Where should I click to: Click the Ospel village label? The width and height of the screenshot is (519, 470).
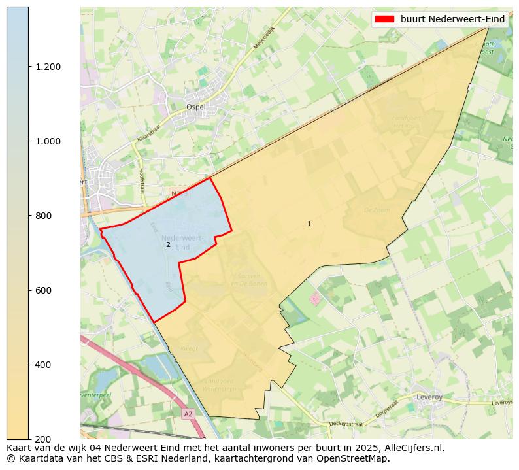[196, 107]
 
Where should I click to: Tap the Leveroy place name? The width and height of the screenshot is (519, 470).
[429, 397]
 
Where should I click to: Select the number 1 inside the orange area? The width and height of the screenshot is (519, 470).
[309, 224]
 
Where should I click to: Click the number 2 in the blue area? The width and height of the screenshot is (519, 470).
[168, 245]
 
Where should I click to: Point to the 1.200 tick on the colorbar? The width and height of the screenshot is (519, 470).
[48, 67]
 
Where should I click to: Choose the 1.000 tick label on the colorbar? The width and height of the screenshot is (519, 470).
[48, 141]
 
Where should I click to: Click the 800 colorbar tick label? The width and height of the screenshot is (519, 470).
[43, 216]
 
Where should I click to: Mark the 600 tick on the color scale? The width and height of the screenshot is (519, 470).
[43, 290]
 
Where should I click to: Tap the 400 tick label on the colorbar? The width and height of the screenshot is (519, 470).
[43, 365]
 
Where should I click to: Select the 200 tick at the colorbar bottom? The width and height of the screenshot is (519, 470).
[43, 439]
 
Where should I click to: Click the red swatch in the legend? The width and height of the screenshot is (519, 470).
[385, 20]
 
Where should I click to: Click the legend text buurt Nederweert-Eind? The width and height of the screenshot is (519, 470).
[452, 20]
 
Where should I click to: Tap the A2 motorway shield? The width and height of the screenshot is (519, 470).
[188, 414]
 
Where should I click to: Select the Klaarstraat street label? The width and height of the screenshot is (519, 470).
[149, 134]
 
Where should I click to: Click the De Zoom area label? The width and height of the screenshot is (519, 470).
[376, 210]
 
